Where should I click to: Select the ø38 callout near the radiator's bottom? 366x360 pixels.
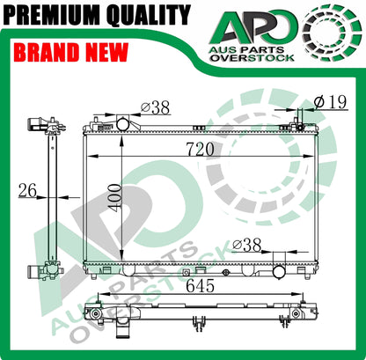(x=247, y=243)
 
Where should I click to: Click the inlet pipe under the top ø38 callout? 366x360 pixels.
(x=121, y=124)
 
